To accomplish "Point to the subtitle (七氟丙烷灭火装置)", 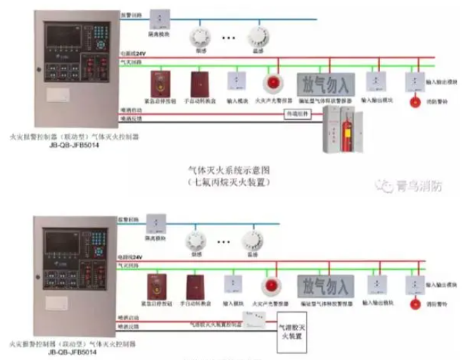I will tap(229, 182).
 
